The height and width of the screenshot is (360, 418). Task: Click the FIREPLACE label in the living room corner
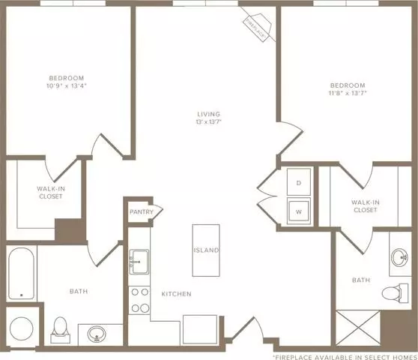pos(255,29)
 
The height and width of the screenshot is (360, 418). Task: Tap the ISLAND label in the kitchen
pos(206,250)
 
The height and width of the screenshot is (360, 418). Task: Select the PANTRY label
pos(142,212)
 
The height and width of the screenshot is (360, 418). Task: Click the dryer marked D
pos(299,181)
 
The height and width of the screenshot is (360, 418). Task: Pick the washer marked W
pos(299,211)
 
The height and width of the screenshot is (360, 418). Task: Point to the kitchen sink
pos(139,262)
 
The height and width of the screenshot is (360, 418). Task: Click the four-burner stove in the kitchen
pos(139,300)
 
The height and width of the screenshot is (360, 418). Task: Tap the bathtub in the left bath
pos(21,274)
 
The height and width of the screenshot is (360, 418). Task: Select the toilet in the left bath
pos(60,330)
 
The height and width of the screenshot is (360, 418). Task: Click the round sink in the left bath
pos(97,334)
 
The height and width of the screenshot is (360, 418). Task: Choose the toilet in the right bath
pos(395,293)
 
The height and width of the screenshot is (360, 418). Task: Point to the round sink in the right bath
pos(399,257)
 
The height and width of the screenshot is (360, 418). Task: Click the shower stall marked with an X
pos(358,328)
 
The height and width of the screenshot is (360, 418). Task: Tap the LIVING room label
pos(209,114)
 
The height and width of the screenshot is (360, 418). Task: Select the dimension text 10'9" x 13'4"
pos(67,86)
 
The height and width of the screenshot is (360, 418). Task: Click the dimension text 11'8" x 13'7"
pos(348,93)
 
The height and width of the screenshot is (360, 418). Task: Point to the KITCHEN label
pos(177,294)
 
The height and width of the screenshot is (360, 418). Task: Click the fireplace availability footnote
pos(345,357)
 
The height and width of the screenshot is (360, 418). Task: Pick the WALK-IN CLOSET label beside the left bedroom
pos(51,193)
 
